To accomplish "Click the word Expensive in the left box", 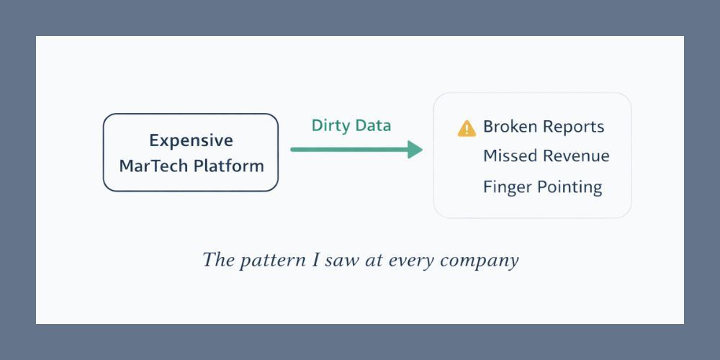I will [191, 140].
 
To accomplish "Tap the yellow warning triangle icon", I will [467, 129].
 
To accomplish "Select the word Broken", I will [510, 127].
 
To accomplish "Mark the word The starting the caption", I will [217, 259].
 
